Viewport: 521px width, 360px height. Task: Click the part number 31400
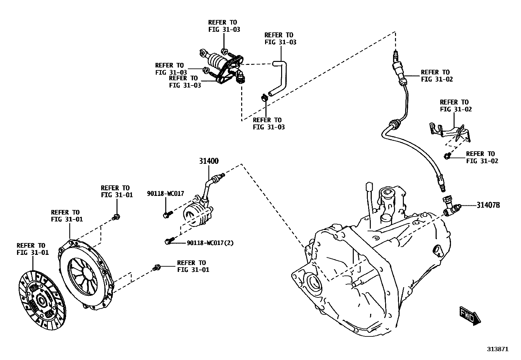point(209,161)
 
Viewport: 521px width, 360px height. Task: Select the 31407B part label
point(488,205)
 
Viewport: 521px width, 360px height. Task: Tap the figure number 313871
point(497,349)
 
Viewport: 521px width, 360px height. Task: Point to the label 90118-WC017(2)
point(210,243)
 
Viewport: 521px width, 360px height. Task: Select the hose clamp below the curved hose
point(264,97)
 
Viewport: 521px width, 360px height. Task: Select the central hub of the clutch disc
point(42,300)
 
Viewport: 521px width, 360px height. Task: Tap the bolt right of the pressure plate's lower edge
point(157,268)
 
